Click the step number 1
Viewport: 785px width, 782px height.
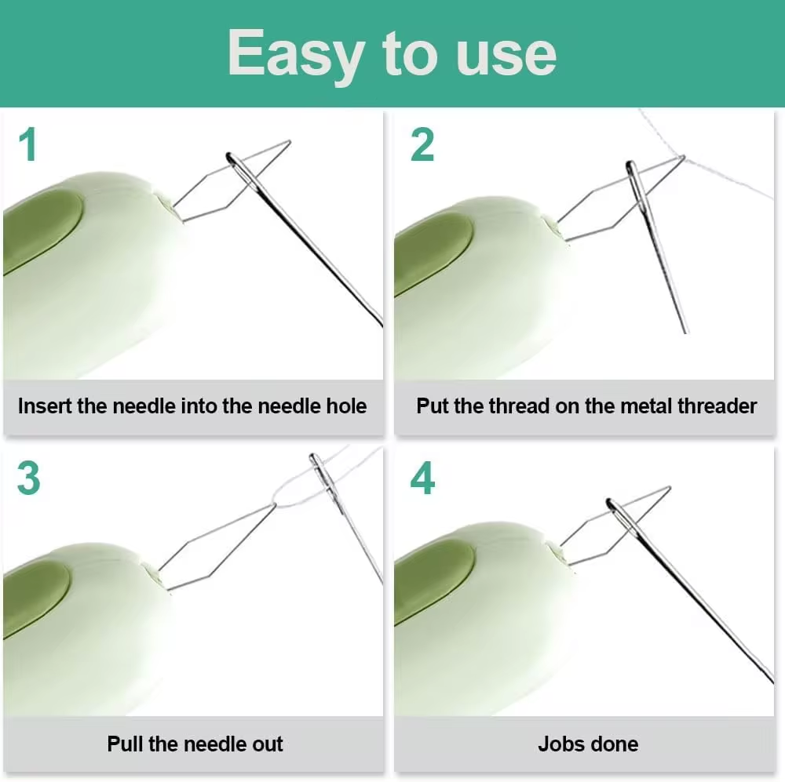pos(28,146)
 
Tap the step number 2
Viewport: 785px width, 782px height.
pos(422,146)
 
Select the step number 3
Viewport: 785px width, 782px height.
pos(28,478)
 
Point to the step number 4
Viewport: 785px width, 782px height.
pos(422,478)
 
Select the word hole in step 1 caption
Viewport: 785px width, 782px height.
pos(346,406)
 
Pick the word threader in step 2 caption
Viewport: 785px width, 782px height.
pos(714,406)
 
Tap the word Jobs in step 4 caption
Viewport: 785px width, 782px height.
pos(557,744)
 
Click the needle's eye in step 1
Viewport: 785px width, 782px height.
pos(234,162)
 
